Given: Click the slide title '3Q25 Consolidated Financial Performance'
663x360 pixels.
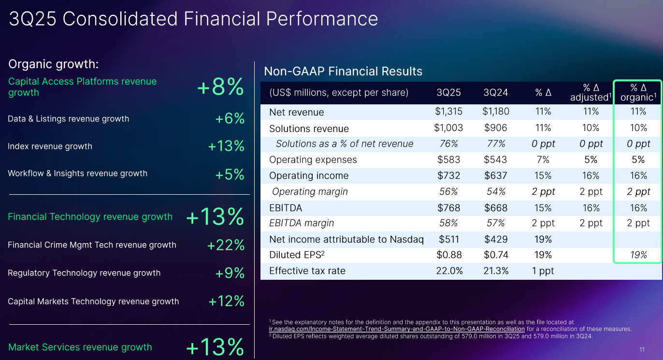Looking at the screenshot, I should (x=193, y=19).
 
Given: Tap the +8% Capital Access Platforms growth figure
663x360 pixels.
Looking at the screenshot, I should (x=220, y=87).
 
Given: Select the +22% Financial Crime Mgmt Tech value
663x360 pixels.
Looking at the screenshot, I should (x=226, y=245).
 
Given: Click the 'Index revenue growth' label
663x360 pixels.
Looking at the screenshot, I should (x=50, y=146).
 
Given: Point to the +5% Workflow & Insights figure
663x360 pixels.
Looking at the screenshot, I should (x=230, y=174).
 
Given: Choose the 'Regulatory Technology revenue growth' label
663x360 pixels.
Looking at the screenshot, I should (x=84, y=273).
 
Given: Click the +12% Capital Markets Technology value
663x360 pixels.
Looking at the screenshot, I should (x=226, y=302).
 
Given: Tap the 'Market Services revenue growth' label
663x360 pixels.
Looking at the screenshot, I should (x=80, y=347).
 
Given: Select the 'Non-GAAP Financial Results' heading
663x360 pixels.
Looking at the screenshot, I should (x=343, y=72).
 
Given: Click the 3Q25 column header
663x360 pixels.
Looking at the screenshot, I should (x=448, y=92).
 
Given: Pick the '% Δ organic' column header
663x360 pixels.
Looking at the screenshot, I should (x=638, y=92).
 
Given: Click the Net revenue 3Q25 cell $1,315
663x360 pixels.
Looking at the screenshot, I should (x=448, y=112).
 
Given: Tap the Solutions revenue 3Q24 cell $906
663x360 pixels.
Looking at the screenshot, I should (x=496, y=128).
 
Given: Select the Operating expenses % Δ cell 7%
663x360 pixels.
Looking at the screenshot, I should (x=543, y=159).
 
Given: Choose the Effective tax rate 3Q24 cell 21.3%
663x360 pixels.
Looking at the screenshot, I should (x=496, y=271).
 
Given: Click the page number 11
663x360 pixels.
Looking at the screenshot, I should (x=642, y=350).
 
